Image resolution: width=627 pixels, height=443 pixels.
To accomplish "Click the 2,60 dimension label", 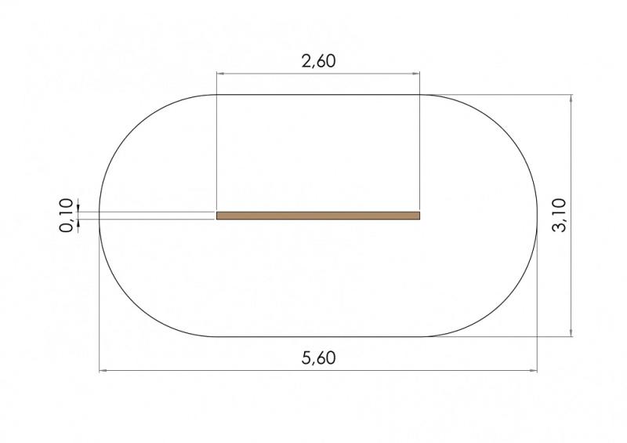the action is tap(318, 61).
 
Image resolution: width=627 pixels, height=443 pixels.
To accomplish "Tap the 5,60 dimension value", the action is tap(318, 358).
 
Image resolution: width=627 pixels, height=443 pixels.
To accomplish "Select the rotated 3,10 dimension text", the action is tap(559, 216).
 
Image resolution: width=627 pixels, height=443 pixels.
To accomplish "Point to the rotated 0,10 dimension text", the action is tap(67, 216).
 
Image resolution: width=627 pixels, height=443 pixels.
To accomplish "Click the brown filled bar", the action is tap(318, 216).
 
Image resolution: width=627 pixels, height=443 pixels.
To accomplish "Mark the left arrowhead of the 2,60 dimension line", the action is tap(220, 74).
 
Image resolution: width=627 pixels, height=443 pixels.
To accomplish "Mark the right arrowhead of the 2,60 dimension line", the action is tap(416, 74).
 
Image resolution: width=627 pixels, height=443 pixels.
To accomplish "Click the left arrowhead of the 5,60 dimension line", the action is tap(103, 371).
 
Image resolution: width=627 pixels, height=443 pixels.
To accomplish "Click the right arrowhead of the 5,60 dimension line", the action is tap(534, 371).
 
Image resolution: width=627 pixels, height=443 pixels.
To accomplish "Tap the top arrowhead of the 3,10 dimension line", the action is tap(571, 99).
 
